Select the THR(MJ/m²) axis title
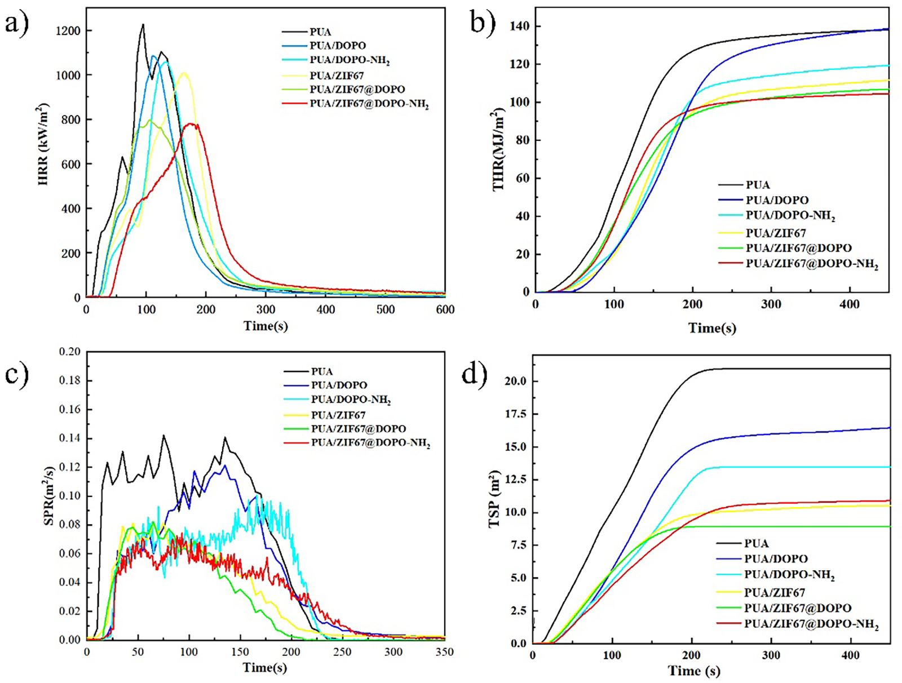pos(498,149)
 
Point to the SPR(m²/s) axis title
pos(49,496)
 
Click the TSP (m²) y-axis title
pos(494,498)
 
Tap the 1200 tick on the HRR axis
pos(68,31)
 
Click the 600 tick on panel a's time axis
pos(445,309)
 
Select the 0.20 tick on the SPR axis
pos(70,352)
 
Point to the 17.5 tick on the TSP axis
pos(515,414)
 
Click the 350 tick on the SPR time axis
pos(444,652)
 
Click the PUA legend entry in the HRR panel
pos(320,32)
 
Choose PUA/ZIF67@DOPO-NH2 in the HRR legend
pos(369,104)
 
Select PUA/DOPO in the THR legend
pos(777,200)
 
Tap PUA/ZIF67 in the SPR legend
pos(338,415)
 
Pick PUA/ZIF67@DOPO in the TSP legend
pos(797,608)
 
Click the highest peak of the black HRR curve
pos(143,24)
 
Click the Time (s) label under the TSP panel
pos(694,671)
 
